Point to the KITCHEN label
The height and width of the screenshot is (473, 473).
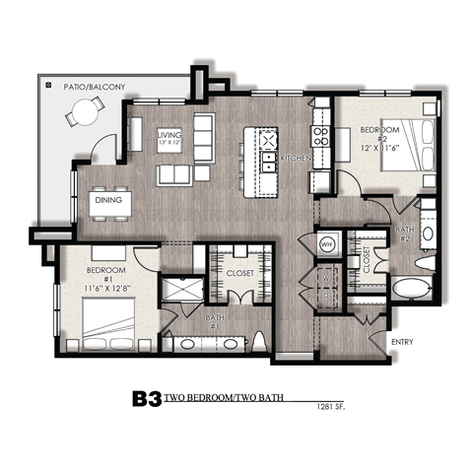click(x=297, y=158)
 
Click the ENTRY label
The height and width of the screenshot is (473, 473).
click(x=402, y=342)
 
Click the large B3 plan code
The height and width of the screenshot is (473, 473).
click(x=147, y=401)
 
